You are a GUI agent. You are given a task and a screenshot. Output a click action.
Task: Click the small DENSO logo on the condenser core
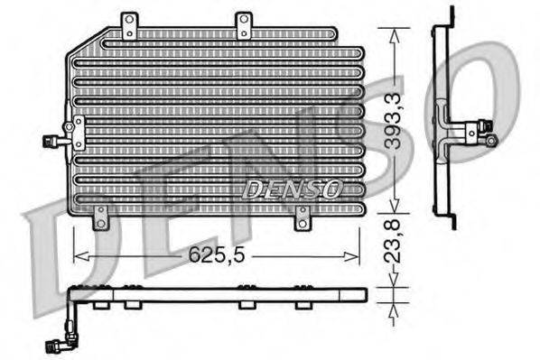click(x=292, y=189)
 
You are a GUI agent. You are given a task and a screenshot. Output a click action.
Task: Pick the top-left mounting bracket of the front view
click(x=129, y=24)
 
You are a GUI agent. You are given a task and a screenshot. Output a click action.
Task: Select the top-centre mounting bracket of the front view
click(x=243, y=24)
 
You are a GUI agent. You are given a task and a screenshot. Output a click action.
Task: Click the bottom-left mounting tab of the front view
click(x=100, y=217)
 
